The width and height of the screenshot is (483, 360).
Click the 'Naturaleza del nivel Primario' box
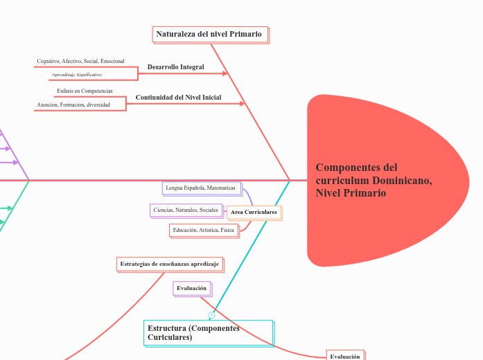point(209,34)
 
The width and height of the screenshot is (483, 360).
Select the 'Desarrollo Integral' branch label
point(175,67)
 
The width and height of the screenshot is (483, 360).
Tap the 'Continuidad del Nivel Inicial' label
point(178,98)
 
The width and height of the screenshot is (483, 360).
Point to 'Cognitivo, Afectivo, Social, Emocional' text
point(80,62)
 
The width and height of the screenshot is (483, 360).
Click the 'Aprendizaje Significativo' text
point(77,74)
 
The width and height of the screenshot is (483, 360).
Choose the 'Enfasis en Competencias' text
point(85,91)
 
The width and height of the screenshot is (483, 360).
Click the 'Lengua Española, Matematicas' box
point(200,188)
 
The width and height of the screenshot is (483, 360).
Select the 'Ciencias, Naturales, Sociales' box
point(185,210)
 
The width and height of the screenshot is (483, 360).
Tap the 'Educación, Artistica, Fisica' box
point(203,229)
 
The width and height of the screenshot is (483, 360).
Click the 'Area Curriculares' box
point(254,212)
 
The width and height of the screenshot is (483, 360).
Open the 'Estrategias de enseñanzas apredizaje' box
point(169,264)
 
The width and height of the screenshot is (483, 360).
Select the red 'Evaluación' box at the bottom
point(344,356)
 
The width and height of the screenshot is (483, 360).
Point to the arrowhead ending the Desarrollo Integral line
point(225,73)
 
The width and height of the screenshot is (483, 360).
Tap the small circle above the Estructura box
point(211,314)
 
